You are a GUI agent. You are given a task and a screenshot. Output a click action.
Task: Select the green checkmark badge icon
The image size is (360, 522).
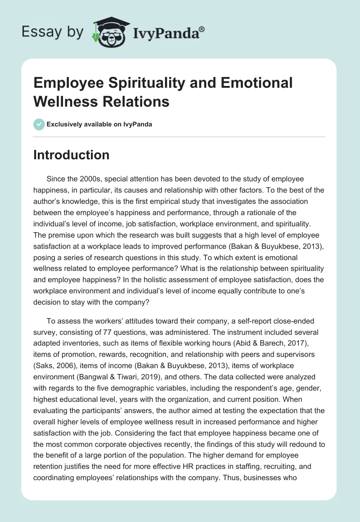[39, 124]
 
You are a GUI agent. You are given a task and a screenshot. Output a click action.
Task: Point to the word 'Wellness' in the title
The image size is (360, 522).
[65, 101]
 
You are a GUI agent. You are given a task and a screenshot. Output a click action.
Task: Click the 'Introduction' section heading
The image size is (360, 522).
[71, 155]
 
